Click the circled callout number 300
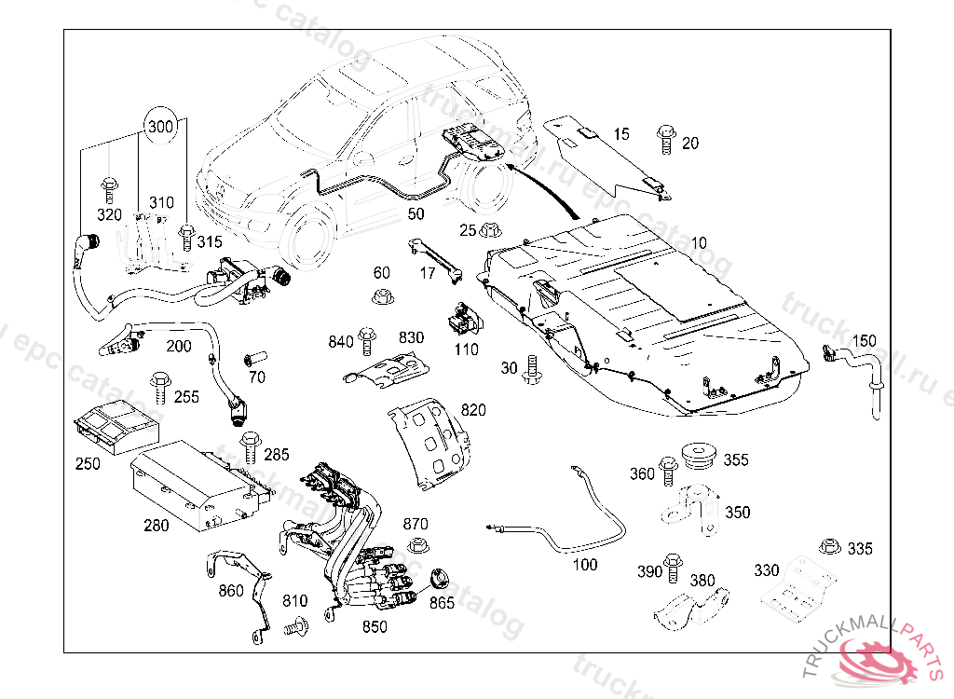(161, 127)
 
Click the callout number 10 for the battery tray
(698, 243)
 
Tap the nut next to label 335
(825, 547)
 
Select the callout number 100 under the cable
(585, 565)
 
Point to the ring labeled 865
(436, 578)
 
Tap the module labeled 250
(116, 425)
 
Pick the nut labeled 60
(380, 298)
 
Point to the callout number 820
(473, 410)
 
